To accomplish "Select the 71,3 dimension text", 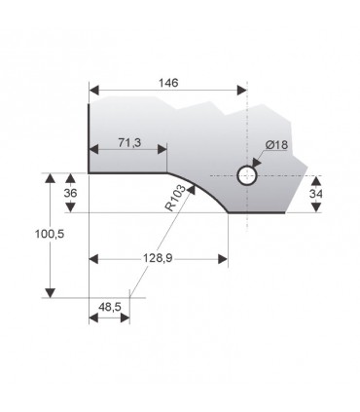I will coord(128,142).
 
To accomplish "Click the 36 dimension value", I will coord(69,193).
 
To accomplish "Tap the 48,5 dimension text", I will coord(109,308).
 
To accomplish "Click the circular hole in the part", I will coord(247,175).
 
